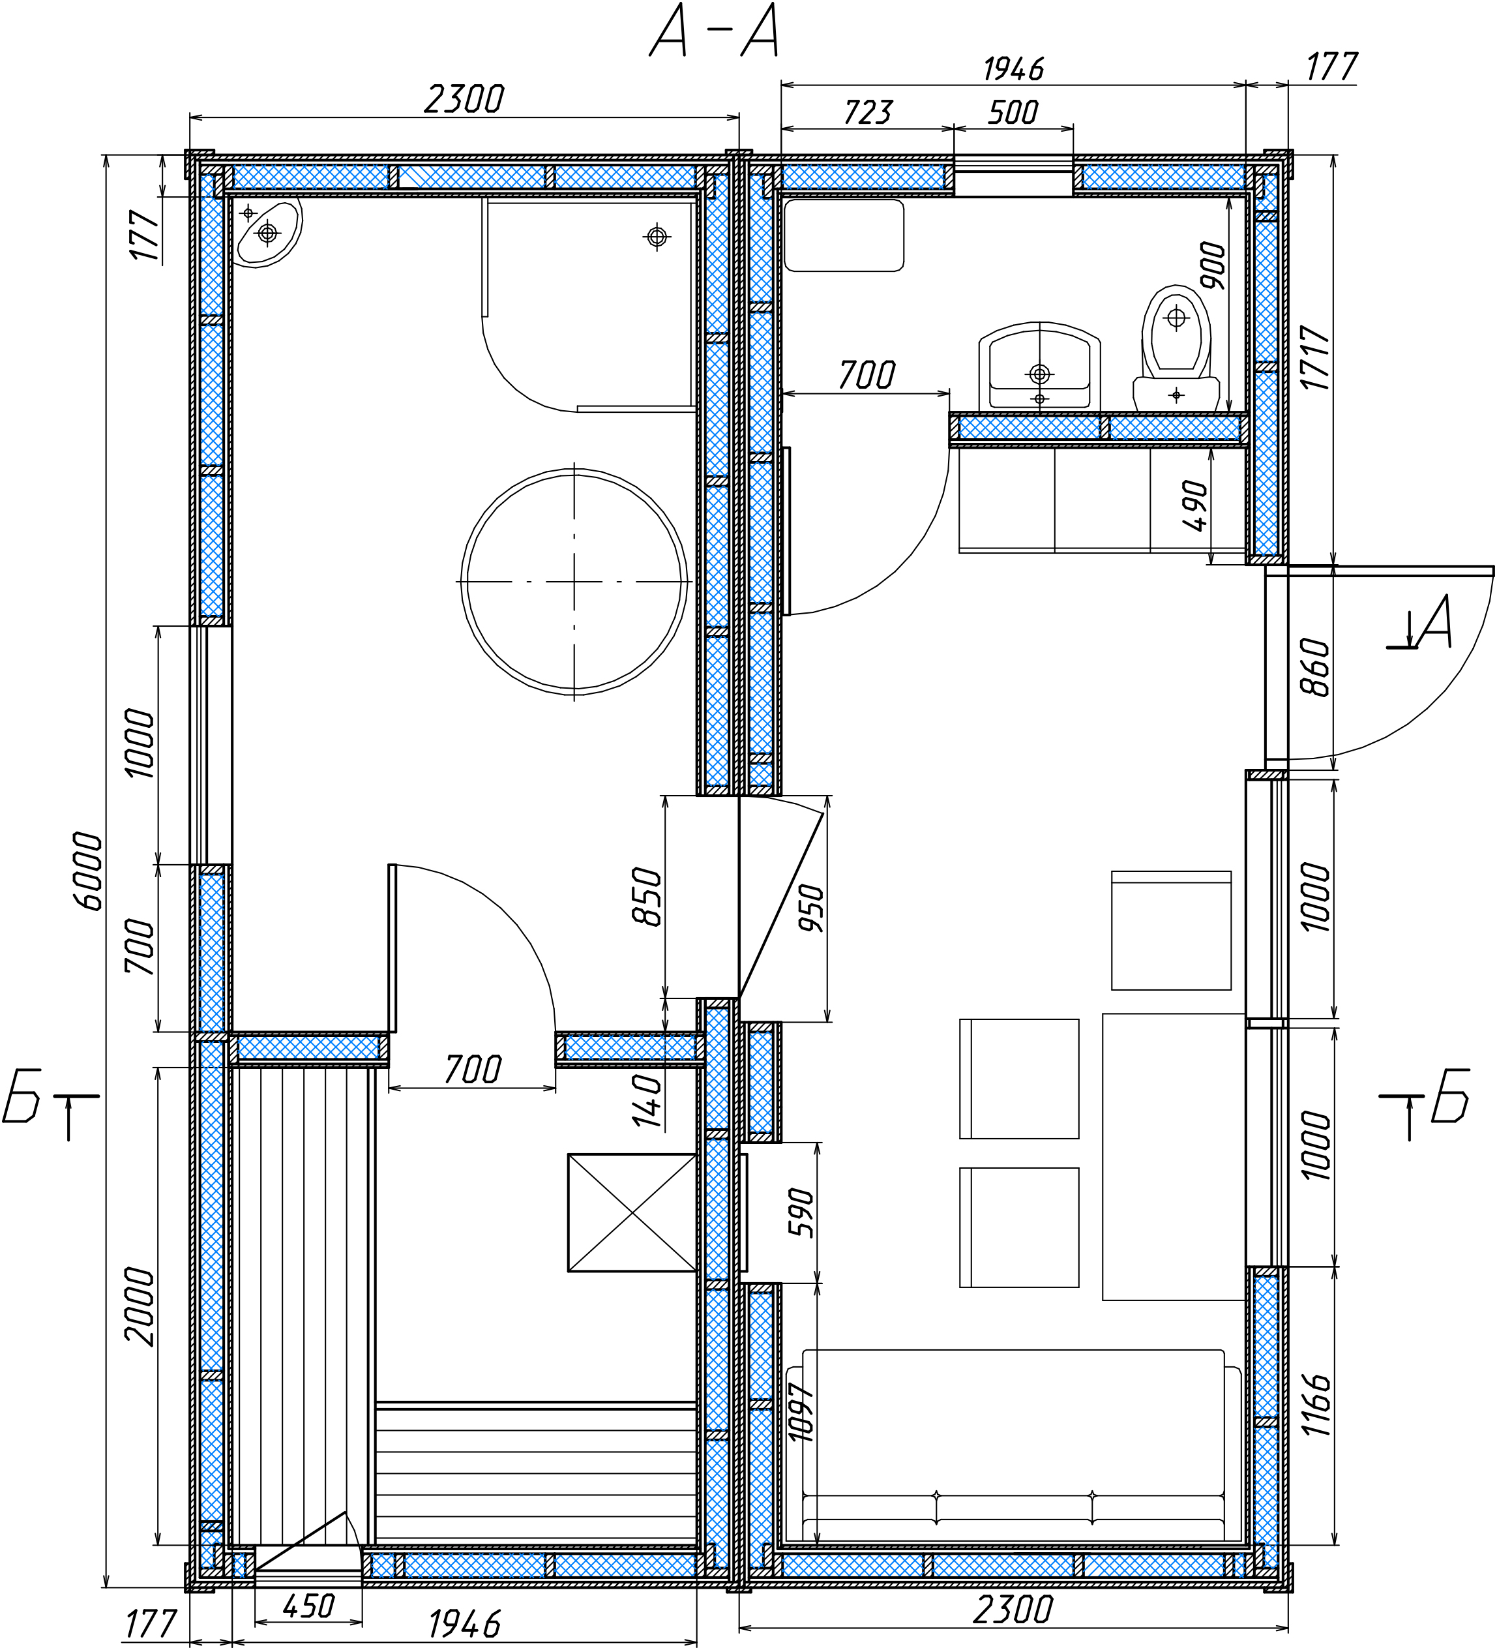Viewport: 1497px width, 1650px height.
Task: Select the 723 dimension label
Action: click(868, 112)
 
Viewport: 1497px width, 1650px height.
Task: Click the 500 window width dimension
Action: click(1013, 112)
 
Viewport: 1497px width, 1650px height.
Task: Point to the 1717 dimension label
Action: click(1316, 357)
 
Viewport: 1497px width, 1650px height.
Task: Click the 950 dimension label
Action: click(812, 908)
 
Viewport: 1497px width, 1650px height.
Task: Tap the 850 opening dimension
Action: click(647, 896)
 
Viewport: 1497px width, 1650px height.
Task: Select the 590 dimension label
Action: click(802, 1213)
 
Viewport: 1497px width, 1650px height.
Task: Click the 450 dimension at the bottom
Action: click(308, 1606)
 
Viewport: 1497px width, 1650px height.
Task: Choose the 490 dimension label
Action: click(1194, 506)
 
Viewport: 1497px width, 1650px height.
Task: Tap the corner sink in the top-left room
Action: click(267, 232)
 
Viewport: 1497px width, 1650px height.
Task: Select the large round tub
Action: click(574, 582)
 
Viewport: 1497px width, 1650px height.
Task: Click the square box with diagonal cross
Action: click(632, 1213)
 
